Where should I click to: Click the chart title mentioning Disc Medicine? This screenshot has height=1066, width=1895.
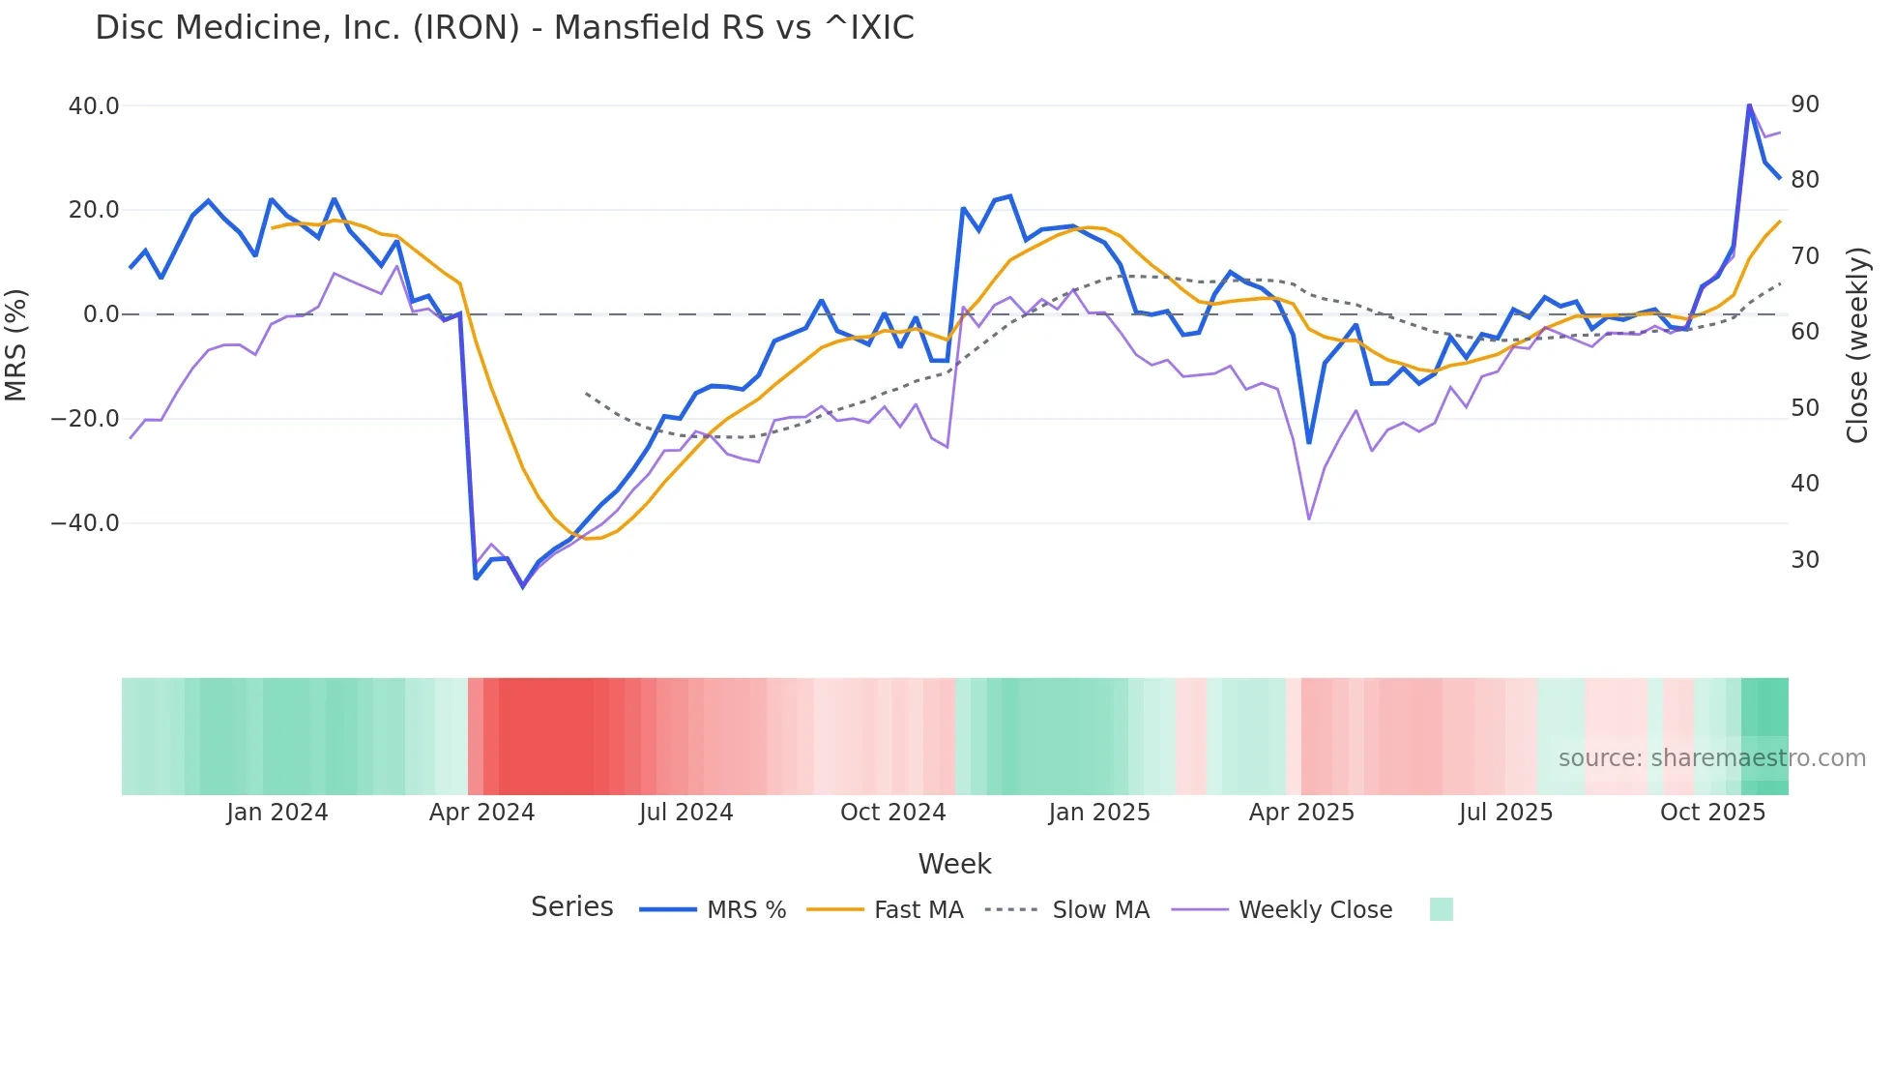504,28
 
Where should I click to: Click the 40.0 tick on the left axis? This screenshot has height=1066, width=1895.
94,106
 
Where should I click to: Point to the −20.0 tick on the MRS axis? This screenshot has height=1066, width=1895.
85,420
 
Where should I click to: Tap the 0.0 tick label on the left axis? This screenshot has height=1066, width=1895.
102,314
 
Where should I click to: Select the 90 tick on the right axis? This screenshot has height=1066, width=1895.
1804,104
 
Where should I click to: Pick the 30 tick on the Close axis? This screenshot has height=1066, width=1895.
1804,560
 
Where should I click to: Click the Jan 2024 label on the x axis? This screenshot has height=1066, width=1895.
277,813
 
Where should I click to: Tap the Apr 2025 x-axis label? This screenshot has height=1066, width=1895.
1301,813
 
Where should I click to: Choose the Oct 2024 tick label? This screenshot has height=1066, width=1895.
892,813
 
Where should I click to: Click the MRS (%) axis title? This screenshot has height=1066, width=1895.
16,344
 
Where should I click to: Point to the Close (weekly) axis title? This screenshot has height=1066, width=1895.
1857,345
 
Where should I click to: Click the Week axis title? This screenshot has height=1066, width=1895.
954,864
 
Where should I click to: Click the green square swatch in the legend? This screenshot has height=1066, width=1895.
1441,909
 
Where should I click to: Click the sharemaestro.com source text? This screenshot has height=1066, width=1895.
1711,758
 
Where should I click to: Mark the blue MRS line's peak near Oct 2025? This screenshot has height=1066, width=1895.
1749,105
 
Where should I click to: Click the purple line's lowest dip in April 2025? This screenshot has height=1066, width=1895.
1309,519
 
